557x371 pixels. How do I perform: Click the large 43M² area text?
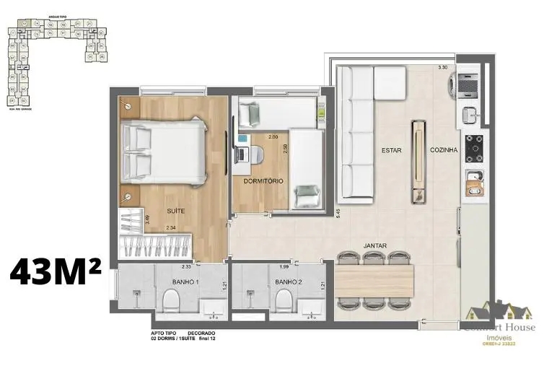pos(56,274)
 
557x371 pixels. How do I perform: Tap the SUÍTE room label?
pos(175,211)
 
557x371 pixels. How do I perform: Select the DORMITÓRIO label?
pos(263,180)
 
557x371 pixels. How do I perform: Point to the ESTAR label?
pos(391,150)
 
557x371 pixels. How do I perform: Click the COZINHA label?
pos(443,150)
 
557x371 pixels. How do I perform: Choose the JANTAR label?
pos(374,245)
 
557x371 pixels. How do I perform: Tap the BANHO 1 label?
pos(185,281)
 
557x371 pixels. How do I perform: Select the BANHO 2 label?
pos(287,281)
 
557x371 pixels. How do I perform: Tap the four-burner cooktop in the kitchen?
pos(475,149)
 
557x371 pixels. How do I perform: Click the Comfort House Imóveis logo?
pos(499,321)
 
